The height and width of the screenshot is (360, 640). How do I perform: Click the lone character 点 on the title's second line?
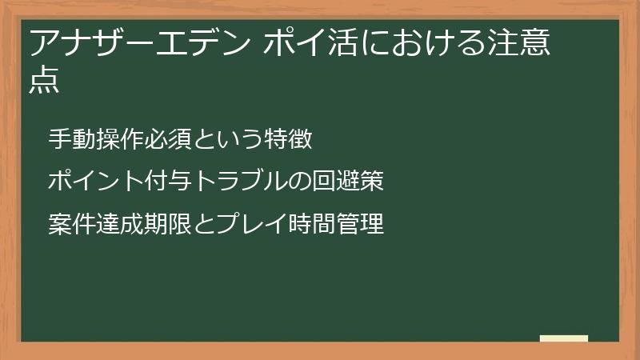[x=45, y=82]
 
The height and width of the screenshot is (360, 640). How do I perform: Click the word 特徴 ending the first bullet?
[x=290, y=138]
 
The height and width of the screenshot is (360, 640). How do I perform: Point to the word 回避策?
[x=355, y=182]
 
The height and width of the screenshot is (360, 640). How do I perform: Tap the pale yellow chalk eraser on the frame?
[x=564, y=338]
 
